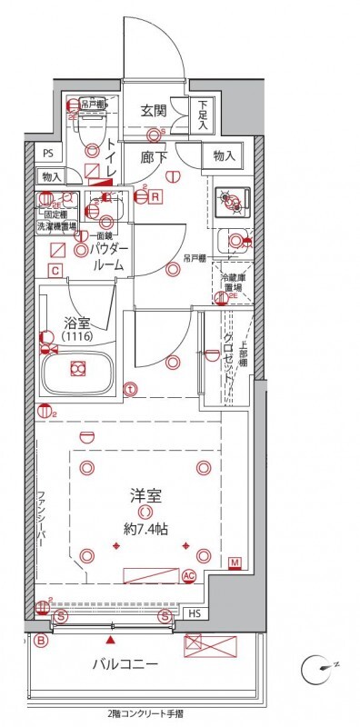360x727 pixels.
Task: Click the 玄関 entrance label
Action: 153,111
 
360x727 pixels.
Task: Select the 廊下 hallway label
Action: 153,155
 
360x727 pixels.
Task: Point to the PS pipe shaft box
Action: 48,153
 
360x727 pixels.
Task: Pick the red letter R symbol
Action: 156,195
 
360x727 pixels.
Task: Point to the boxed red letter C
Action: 55,271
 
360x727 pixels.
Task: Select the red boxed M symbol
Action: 235,563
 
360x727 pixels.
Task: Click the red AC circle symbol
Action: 189,575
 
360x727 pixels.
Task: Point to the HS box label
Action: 195,614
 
